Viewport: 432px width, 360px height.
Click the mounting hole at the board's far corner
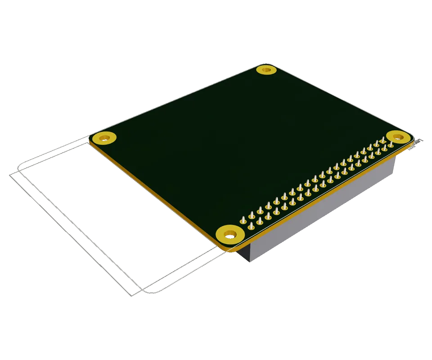[266, 70]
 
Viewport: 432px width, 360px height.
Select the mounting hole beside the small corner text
[397, 136]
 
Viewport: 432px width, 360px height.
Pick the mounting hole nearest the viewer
[230, 234]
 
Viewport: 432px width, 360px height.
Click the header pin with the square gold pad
[391, 144]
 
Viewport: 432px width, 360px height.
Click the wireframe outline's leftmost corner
[10, 175]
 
